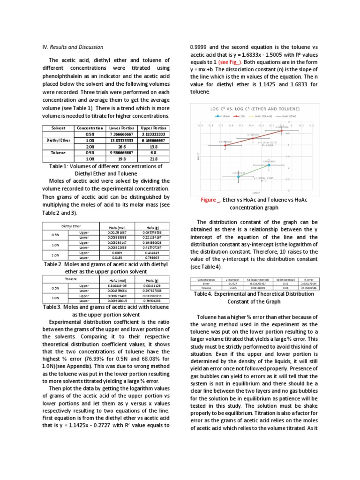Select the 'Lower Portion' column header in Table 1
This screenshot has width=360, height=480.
(121, 128)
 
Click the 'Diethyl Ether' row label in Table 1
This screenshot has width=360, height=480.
(59, 140)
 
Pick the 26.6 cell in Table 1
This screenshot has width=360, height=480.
(121, 146)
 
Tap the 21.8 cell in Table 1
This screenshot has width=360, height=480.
(153, 158)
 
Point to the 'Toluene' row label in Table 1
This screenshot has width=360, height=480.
(59, 152)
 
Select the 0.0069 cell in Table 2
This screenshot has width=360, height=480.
(117, 253)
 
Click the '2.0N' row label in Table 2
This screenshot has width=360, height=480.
(55, 255)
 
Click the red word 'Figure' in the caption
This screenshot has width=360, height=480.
(208, 200)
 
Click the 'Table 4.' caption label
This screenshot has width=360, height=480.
(204, 294)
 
